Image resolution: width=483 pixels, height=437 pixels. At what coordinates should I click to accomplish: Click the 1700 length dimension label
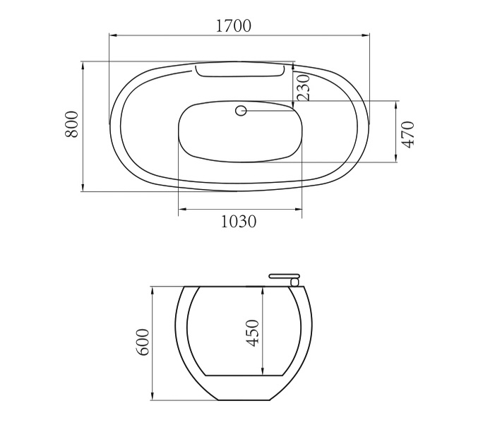coord(233,25)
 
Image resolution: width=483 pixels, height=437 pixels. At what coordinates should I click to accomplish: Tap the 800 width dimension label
coord(72,124)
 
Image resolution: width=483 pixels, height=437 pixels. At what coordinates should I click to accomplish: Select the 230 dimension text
coord(303,88)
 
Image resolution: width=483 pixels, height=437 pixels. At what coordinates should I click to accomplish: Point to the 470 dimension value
coord(408,135)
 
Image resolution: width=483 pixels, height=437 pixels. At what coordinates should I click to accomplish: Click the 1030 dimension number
coord(239,222)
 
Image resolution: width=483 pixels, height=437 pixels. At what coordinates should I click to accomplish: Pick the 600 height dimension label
coord(143,342)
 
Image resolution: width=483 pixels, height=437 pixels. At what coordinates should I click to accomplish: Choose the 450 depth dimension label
coord(253,333)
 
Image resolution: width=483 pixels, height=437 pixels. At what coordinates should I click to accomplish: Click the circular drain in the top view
coord(241,110)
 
